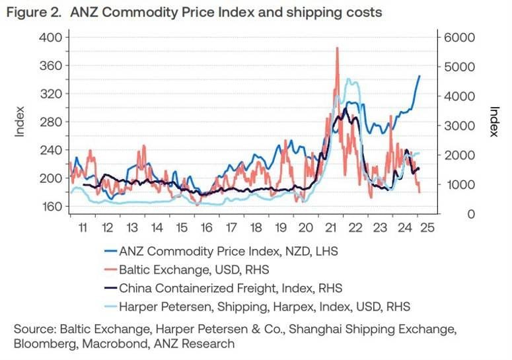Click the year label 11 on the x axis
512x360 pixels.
click(x=81, y=227)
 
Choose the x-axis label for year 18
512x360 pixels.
click(x=255, y=227)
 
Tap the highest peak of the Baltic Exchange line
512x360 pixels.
click(x=338, y=48)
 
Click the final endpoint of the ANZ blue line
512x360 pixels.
click(x=419, y=76)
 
